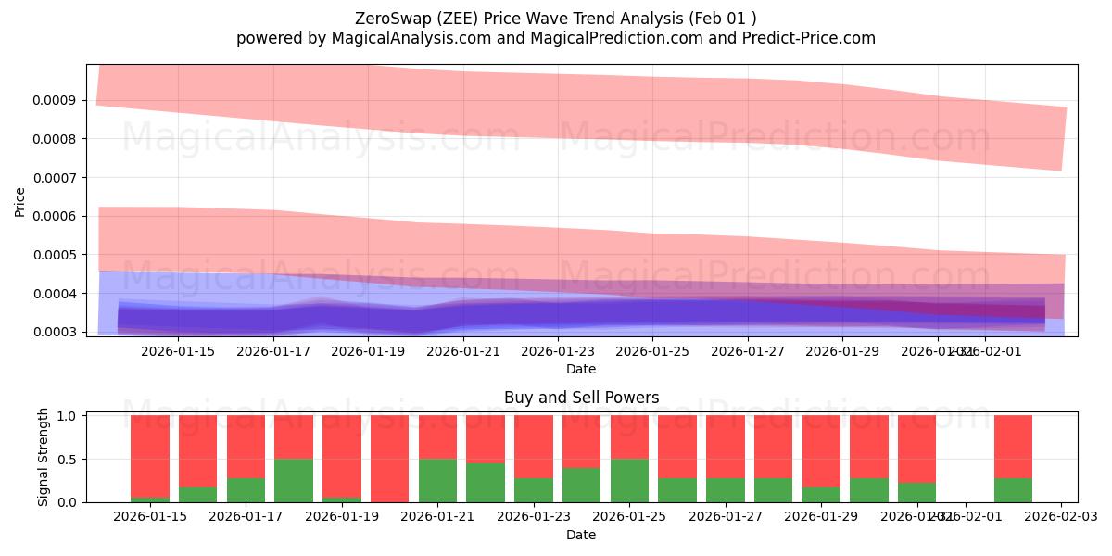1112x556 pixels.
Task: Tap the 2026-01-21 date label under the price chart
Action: click(x=463, y=351)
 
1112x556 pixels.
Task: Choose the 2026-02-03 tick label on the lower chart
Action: click(x=1060, y=517)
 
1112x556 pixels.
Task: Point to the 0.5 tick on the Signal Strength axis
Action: click(x=69, y=460)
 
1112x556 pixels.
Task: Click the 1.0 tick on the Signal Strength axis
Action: click(x=69, y=416)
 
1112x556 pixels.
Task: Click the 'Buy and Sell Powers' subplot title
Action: click(x=581, y=398)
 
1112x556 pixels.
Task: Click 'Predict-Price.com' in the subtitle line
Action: click(x=810, y=38)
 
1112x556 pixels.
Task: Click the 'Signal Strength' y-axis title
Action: click(x=44, y=457)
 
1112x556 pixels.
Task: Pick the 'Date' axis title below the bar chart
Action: click(x=581, y=535)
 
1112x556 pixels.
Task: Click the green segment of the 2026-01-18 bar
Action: click(x=293, y=480)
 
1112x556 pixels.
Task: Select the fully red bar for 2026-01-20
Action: click(x=389, y=459)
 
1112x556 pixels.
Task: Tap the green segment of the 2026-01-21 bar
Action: click(x=437, y=480)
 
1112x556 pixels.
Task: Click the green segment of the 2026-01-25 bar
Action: click(x=629, y=480)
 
